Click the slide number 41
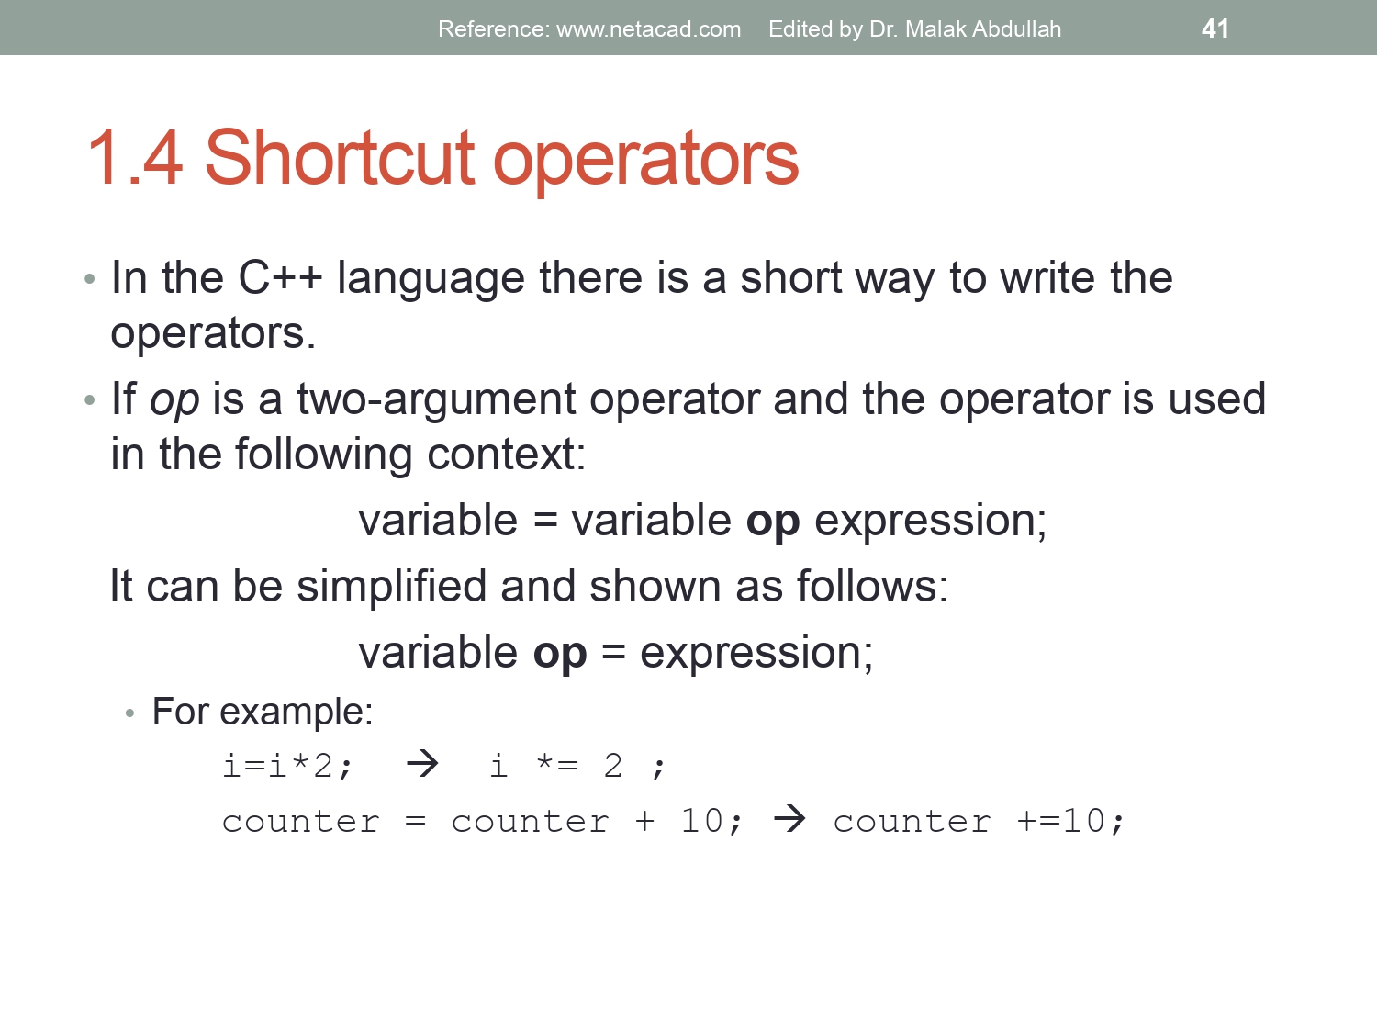tap(1215, 28)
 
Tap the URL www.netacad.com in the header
tap(648, 29)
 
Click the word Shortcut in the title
tap(339, 159)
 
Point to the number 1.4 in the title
tap(135, 159)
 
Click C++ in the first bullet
tap(280, 277)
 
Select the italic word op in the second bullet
tap(174, 400)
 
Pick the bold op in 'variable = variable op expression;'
tap(772, 522)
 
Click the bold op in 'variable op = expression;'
tap(559, 654)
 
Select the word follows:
tap(872, 586)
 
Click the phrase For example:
tap(263, 712)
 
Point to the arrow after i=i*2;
tap(422, 763)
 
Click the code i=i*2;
tap(287, 766)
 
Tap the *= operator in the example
tap(557, 764)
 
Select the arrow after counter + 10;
tap(789, 818)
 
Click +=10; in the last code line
tap(1070, 821)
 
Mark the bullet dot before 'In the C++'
tap(89, 279)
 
